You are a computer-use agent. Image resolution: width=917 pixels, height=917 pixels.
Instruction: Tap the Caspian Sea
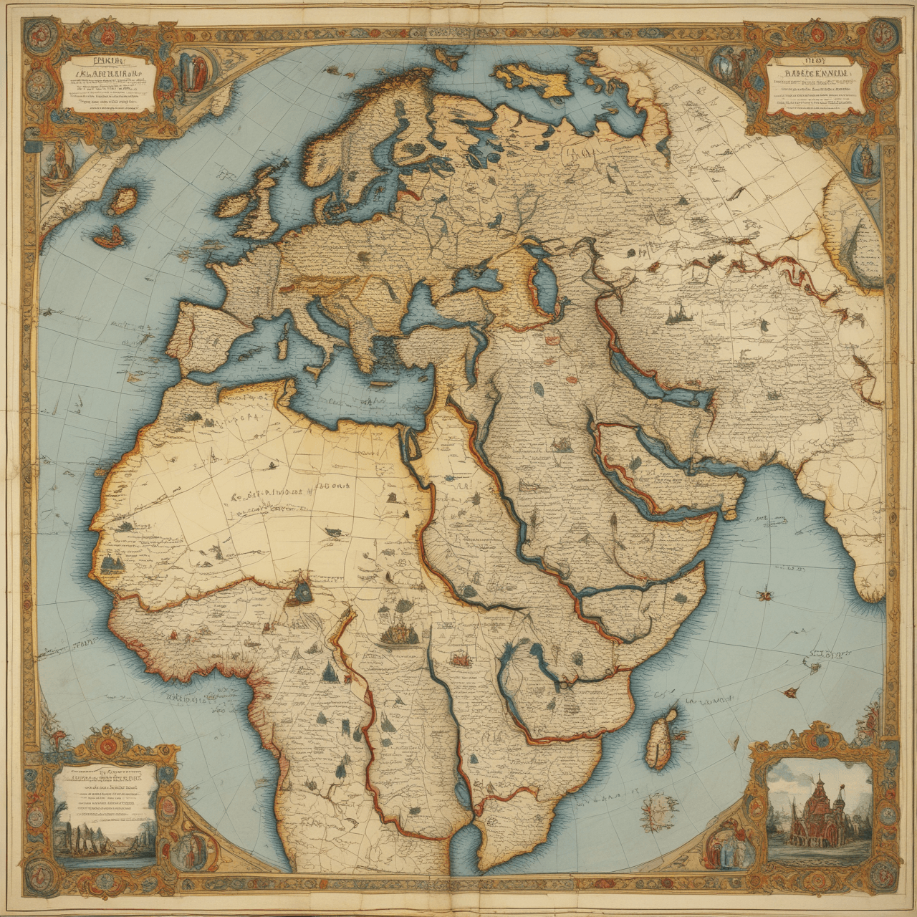click(546, 279)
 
